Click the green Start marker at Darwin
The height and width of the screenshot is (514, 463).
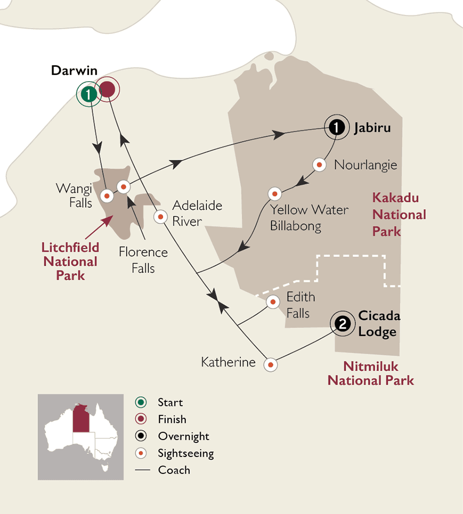tap(89, 94)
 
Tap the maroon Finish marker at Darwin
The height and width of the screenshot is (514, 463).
tap(107, 90)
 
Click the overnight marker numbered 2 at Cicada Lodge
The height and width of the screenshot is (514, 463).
tap(344, 323)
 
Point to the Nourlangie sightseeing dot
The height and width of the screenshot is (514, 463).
tap(319, 164)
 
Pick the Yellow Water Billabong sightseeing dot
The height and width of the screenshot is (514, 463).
tap(275, 194)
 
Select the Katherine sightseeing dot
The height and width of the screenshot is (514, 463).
tap(271, 365)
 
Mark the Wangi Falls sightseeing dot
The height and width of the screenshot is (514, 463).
tap(107, 195)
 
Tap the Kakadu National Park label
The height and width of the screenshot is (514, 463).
tap(399, 214)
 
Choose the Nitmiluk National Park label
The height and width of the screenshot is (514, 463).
tap(370, 374)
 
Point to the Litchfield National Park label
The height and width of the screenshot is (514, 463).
tap(70, 262)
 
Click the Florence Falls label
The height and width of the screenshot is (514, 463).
tap(143, 260)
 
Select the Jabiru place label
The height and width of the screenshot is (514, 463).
tap(372, 127)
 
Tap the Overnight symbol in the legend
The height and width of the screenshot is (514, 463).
tap(140, 436)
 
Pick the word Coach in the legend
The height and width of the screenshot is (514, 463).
tap(174, 470)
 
